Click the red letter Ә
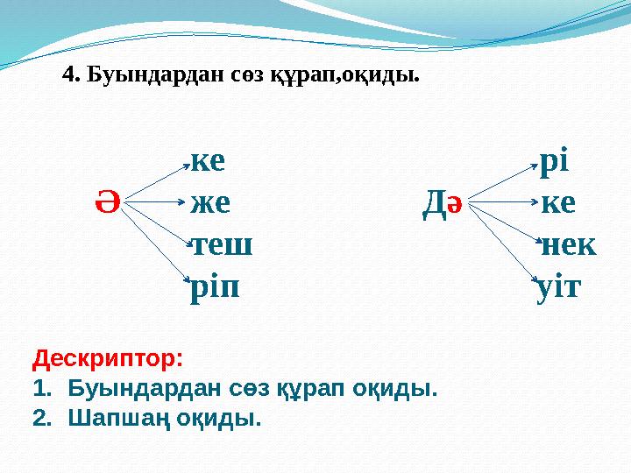click(x=106, y=204)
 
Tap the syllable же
click(x=210, y=204)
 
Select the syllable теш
click(x=222, y=244)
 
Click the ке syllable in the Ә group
click(x=208, y=161)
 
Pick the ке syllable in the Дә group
click(x=558, y=204)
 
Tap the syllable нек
click(x=568, y=244)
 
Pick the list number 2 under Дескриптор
click(x=40, y=418)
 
